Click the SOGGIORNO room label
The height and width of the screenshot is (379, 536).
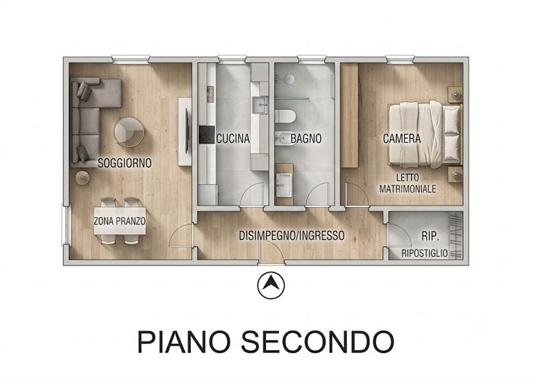125,163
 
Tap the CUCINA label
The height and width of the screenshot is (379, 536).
233,139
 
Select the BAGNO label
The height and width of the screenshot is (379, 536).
306,139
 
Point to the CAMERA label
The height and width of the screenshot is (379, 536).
401,139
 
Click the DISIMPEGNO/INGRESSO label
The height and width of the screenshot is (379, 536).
291,235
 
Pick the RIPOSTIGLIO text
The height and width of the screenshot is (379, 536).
425,254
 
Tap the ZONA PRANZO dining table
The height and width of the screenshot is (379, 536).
120,221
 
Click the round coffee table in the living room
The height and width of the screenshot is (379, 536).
129,131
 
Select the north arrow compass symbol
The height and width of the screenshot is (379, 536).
271,285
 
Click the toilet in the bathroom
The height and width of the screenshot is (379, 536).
285,116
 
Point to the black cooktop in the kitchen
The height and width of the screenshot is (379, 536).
207,135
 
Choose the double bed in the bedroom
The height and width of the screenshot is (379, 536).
425,135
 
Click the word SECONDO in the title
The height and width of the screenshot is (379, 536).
318,341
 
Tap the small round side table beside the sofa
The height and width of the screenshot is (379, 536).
82,178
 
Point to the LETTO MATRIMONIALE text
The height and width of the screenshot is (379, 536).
407,183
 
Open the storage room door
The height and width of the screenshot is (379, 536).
399,235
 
